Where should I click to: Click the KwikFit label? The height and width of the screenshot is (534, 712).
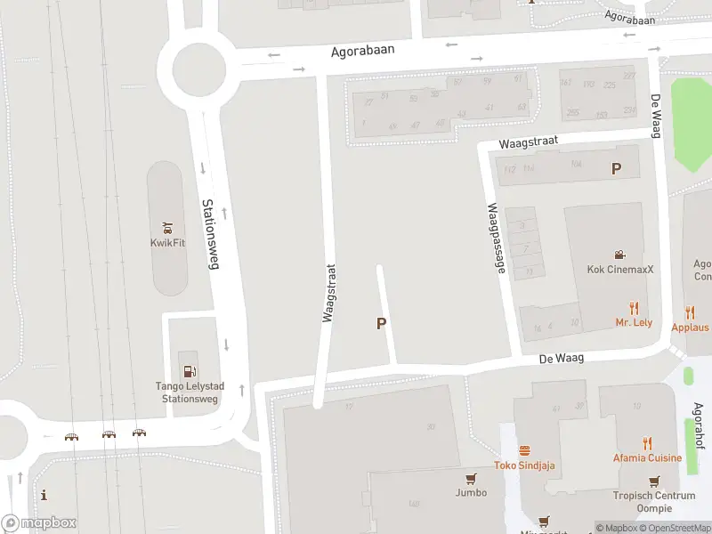point(167,243)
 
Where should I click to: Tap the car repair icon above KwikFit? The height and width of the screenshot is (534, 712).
point(167,227)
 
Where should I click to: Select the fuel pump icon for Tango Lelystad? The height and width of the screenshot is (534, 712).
point(189,371)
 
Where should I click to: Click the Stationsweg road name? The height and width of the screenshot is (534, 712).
point(212,232)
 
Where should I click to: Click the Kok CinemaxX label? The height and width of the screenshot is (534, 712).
point(619,270)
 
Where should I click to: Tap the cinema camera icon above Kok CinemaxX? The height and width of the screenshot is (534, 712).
point(619,255)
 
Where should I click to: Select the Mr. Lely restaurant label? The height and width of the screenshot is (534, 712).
point(634,322)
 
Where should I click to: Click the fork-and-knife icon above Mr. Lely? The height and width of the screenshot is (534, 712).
point(634,308)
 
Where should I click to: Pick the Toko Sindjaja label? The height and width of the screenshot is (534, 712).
point(524,465)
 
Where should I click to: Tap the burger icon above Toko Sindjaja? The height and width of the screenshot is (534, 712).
point(524,450)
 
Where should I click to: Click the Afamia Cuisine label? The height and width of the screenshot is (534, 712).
point(647,458)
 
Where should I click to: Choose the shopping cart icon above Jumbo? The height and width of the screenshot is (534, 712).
point(471,478)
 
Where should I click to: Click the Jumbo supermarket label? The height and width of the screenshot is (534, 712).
point(471,492)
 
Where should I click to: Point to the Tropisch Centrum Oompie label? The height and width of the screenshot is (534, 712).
point(653,502)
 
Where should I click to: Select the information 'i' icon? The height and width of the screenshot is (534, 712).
point(44,496)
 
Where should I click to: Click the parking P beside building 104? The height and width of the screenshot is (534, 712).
point(615,168)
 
